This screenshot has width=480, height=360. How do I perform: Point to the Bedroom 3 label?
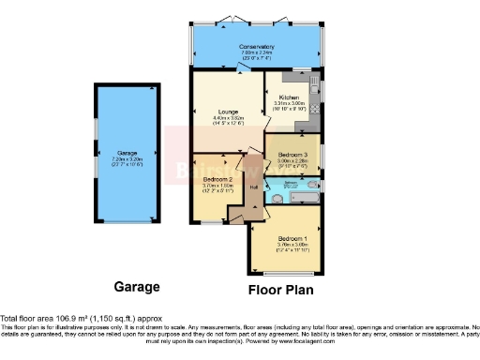coord(292,154)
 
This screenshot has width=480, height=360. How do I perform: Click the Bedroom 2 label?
coord(217,178)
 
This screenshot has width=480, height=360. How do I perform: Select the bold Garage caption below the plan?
coord(137,287)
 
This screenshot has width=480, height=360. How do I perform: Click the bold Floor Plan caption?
coord(281,290)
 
